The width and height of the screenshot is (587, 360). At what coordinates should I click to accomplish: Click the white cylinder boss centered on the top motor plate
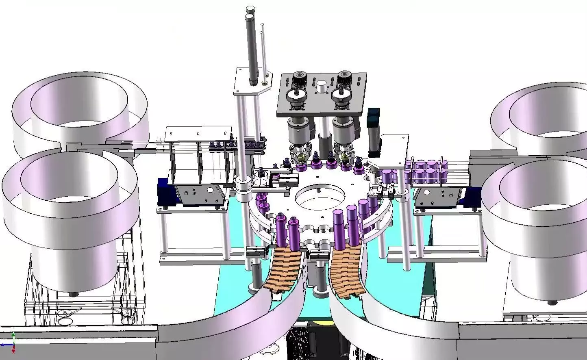coord(322,86)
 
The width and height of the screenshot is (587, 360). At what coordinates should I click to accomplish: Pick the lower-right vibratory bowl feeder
coord(537,228)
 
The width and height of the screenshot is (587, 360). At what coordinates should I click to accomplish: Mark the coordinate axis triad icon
coord(13,342)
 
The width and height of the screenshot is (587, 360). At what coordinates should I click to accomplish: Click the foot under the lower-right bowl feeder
coord(552,302)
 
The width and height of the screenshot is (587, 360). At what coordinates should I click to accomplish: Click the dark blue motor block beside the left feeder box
coord(163,191)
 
